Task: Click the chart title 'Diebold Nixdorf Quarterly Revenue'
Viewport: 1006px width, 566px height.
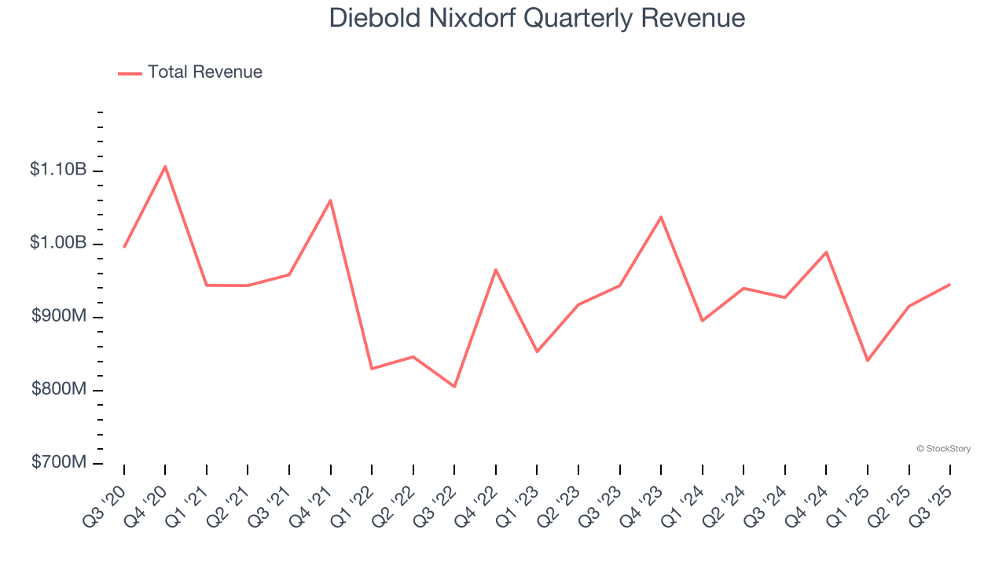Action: pyautogui.click(x=537, y=17)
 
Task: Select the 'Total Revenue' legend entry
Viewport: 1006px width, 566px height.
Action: pyautogui.click(x=204, y=72)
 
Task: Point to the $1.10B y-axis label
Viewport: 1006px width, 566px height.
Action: pyautogui.click(x=58, y=169)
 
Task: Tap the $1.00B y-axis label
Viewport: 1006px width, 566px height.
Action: pyautogui.click(x=58, y=242)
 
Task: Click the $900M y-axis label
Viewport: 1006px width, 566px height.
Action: pyautogui.click(x=59, y=316)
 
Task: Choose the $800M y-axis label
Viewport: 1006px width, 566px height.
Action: pyautogui.click(x=59, y=389)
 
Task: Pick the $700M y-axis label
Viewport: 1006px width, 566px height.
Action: pyautogui.click(x=59, y=462)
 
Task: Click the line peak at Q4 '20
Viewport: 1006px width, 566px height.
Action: pyautogui.click(x=165, y=166)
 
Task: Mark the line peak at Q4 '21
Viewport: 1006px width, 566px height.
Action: pyautogui.click(x=330, y=200)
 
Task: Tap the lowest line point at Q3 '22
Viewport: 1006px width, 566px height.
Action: pyautogui.click(x=454, y=387)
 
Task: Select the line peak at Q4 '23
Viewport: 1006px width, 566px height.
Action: pyautogui.click(x=661, y=216)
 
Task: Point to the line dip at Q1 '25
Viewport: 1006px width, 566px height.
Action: pyautogui.click(x=868, y=361)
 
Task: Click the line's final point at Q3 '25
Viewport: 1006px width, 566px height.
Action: pyautogui.click(x=950, y=285)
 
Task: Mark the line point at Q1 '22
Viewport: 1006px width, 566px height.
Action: pyautogui.click(x=372, y=369)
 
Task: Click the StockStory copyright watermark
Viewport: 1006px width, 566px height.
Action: pyautogui.click(x=943, y=449)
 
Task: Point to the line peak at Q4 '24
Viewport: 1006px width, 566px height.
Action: pyautogui.click(x=826, y=252)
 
